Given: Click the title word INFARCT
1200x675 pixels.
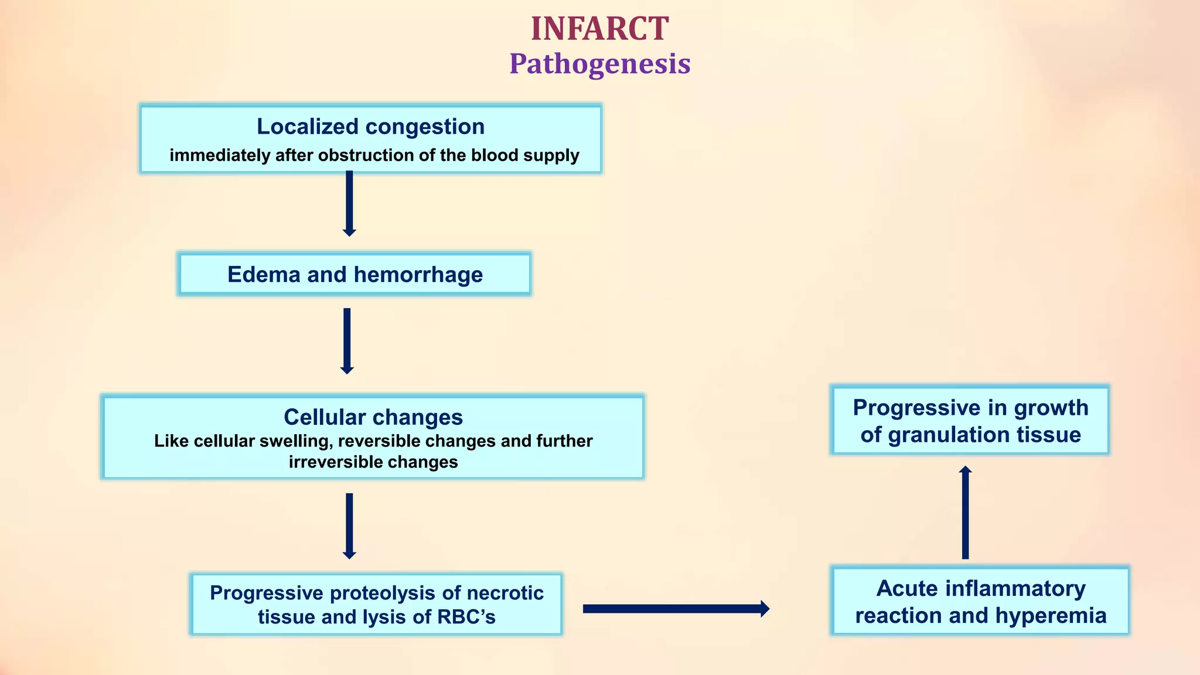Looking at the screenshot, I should [x=599, y=29].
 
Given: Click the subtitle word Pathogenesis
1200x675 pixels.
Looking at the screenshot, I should [x=599, y=64].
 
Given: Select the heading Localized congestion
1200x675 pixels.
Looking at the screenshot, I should [x=370, y=127].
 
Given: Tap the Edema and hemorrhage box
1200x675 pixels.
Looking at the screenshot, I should [x=354, y=274].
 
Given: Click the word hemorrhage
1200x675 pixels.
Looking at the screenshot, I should [x=418, y=274].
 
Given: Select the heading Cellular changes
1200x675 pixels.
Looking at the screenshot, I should [x=373, y=417].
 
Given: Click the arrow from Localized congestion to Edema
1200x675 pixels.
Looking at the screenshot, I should [x=349, y=203].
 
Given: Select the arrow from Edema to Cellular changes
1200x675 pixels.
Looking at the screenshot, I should [x=347, y=340].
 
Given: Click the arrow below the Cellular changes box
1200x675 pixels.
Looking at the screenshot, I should [x=349, y=526].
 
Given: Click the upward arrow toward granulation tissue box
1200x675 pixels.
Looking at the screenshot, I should [x=966, y=513].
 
